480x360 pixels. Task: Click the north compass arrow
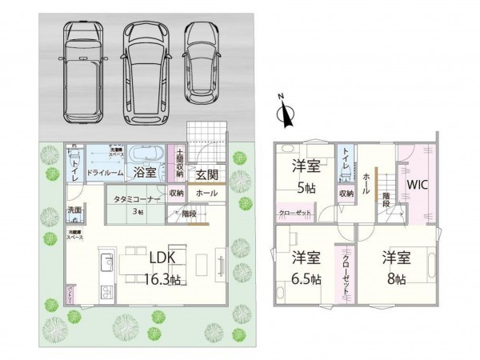click(282, 114)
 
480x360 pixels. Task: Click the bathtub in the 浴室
click(146, 154)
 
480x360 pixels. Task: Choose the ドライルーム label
click(104, 173)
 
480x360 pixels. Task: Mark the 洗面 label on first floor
click(74, 210)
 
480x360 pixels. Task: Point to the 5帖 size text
click(305, 187)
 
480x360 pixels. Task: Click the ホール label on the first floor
click(205, 194)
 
